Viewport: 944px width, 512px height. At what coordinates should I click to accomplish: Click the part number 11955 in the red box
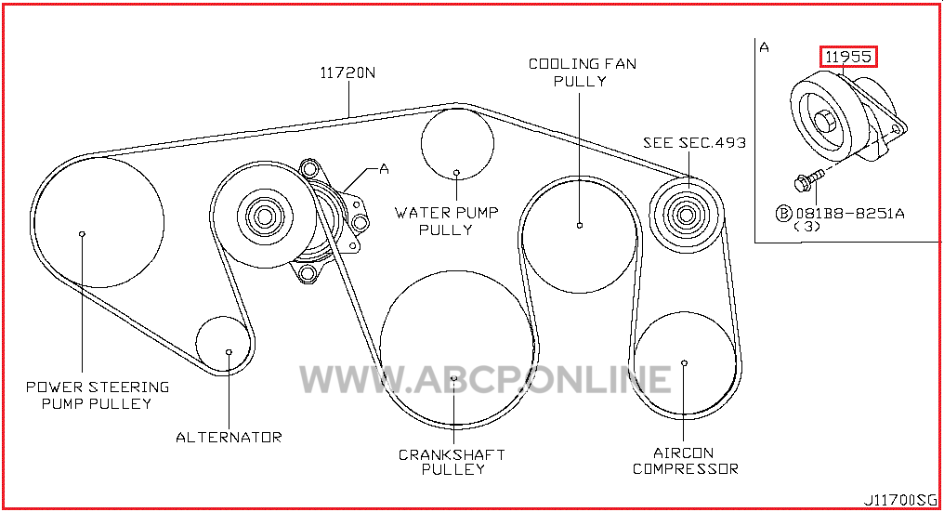pyautogui.click(x=848, y=57)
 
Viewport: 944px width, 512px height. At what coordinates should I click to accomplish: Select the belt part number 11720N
pyautogui.click(x=347, y=72)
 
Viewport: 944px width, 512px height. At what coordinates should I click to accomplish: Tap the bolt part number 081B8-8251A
pyautogui.click(x=850, y=213)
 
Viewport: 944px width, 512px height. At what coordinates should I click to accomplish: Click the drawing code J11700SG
pyautogui.click(x=900, y=500)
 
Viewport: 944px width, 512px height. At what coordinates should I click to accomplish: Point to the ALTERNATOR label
pyautogui.click(x=229, y=438)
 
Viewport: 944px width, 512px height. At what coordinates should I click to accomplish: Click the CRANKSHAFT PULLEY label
pyautogui.click(x=452, y=462)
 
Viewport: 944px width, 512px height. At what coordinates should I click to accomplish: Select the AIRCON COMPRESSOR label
pyautogui.click(x=685, y=461)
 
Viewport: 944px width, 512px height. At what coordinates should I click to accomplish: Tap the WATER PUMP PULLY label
pyautogui.click(x=446, y=221)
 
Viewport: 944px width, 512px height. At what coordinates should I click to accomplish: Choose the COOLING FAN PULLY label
pyautogui.click(x=583, y=72)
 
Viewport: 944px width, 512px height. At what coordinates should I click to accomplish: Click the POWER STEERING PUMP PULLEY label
pyautogui.click(x=98, y=395)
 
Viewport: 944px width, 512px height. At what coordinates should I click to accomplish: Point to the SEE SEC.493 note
pyautogui.click(x=694, y=143)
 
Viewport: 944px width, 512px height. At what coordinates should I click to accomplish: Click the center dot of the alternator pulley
pyautogui.click(x=229, y=352)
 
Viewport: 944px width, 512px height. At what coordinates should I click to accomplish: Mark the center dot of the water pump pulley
pyautogui.click(x=456, y=173)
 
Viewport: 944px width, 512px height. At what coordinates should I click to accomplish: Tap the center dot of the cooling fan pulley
pyautogui.click(x=580, y=225)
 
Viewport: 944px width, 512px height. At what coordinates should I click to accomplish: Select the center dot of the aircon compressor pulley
pyautogui.click(x=684, y=362)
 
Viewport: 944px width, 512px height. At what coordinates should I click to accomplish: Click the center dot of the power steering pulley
pyautogui.click(x=83, y=234)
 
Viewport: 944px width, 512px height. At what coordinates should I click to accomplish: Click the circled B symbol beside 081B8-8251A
pyautogui.click(x=783, y=213)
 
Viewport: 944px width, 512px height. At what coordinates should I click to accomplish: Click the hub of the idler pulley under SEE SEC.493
pyautogui.click(x=685, y=214)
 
